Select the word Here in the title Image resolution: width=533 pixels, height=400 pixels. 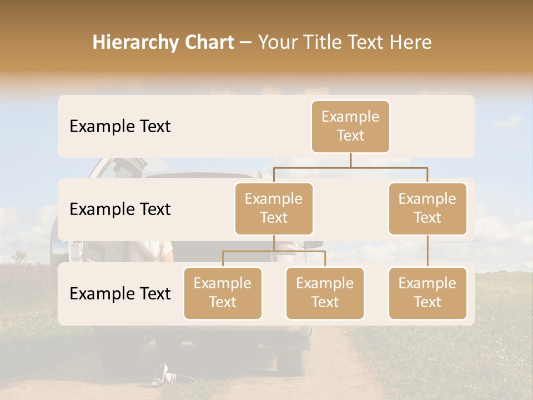point(411,42)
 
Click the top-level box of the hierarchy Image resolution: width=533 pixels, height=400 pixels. point(350,126)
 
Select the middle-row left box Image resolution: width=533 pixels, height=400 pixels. point(274,208)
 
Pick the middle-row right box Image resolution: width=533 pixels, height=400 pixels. point(428,208)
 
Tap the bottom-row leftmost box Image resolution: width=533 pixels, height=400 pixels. point(223,293)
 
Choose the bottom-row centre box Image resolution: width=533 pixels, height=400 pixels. point(325,293)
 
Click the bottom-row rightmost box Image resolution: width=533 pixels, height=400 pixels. point(428,293)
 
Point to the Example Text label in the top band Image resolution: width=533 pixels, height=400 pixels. point(120,126)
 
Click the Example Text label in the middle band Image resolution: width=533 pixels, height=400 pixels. point(120,209)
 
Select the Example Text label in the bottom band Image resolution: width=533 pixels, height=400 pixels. point(120,293)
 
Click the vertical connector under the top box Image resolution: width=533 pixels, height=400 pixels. point(350,160)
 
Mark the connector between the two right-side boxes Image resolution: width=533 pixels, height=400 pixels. point(428,251)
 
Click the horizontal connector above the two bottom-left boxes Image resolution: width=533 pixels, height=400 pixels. point(274,251)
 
